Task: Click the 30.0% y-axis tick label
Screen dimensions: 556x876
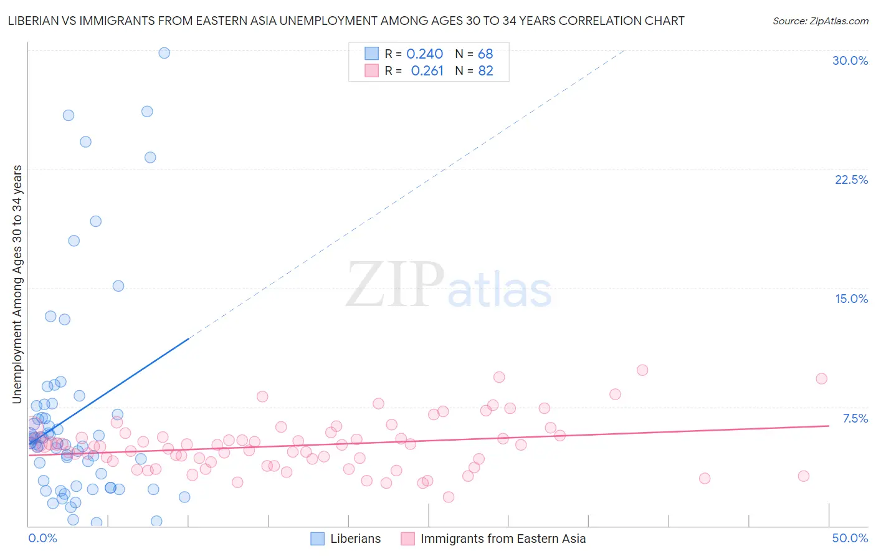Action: pyautogui.click(x=850, y=60)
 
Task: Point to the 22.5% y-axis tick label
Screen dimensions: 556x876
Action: pyautogui.click(x=851, y=180)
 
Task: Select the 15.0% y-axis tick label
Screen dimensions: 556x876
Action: pyautogui.click(x=851, y=299)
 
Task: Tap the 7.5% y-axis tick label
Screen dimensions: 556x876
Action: pyautogui.click(x=855, y=418)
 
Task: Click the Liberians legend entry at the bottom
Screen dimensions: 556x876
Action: pyautogui.click(x=355, y=539)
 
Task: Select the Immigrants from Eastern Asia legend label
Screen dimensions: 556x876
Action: pyautogui.click(x=503, y=539)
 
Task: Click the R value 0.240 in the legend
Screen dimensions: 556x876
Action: pyautogui.click(x=424, y=54)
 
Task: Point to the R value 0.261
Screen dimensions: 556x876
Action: pyautogui.click(x=427, y=71)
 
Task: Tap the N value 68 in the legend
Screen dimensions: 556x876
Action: pyautogui.click(x=485, y=54)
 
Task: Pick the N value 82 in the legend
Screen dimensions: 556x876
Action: pyautogui.click(x=485, y=71)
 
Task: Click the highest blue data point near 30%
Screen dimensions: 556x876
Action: pyautogui.click(x=164, y=53)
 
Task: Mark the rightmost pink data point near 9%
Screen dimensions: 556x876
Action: pyautogui.click(x=821, y=379)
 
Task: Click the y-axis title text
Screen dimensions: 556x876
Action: pyautogui.click(x=17, y=284)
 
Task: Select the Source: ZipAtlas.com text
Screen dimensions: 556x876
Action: pyautogui.click(x=820, y=21)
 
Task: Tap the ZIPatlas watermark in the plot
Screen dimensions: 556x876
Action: pyautogui.click(x=449, y=286)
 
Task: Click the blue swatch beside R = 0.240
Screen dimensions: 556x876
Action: pyautogui.click(x=372, y=54)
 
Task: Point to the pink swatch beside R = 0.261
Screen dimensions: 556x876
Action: pyautogui.click(x=372, y=70)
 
